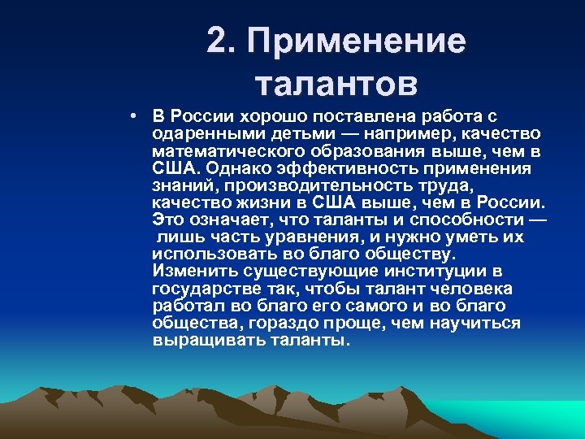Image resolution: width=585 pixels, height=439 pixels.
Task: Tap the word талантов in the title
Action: [336, 83]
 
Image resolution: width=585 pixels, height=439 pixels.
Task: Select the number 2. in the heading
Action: [222, 41]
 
